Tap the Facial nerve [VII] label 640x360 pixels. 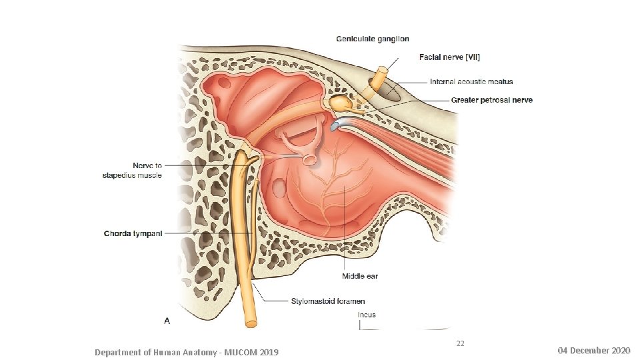pos(449,58)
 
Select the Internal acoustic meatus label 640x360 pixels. pos(471,82)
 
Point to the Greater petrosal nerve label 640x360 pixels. pos(491,101)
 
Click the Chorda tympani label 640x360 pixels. pos(133,233)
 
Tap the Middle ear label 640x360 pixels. pos(360,276)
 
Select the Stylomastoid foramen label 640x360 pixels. pos(327,301)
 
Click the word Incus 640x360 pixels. pos(367,315)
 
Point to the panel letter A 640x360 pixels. pos(167,321)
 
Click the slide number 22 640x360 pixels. pos(460,343)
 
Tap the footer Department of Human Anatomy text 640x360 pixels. pos(187,352)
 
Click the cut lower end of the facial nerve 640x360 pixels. pos(251,323)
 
